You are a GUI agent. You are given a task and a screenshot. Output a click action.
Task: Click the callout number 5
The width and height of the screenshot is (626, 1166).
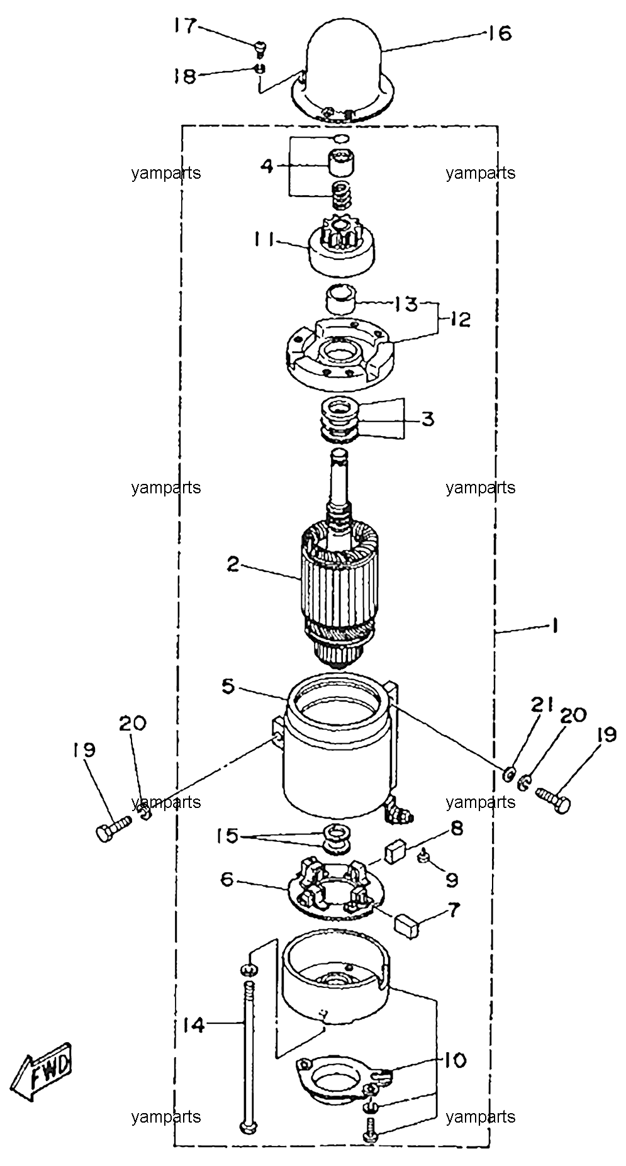(x=228, y=685)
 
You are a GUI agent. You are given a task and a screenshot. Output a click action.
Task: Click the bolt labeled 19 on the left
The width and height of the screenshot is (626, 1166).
(x=113, y=828)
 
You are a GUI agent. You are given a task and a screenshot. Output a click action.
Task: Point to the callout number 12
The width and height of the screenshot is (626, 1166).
(x=460, y=320)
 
